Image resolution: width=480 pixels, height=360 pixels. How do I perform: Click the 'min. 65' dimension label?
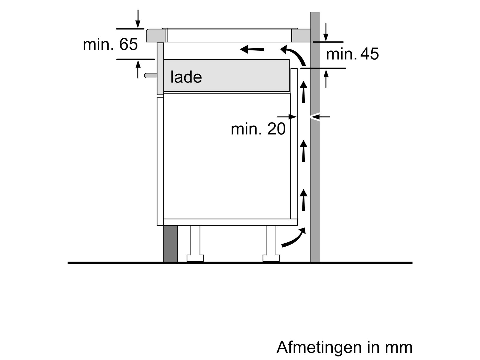110,44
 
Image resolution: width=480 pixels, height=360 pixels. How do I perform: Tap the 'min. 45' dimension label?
352,54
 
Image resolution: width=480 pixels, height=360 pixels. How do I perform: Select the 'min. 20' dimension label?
258,129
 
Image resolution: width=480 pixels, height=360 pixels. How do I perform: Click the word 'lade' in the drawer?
186,77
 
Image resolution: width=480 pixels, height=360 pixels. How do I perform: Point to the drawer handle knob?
151,75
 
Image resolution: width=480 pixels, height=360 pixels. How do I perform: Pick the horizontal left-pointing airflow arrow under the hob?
252,49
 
